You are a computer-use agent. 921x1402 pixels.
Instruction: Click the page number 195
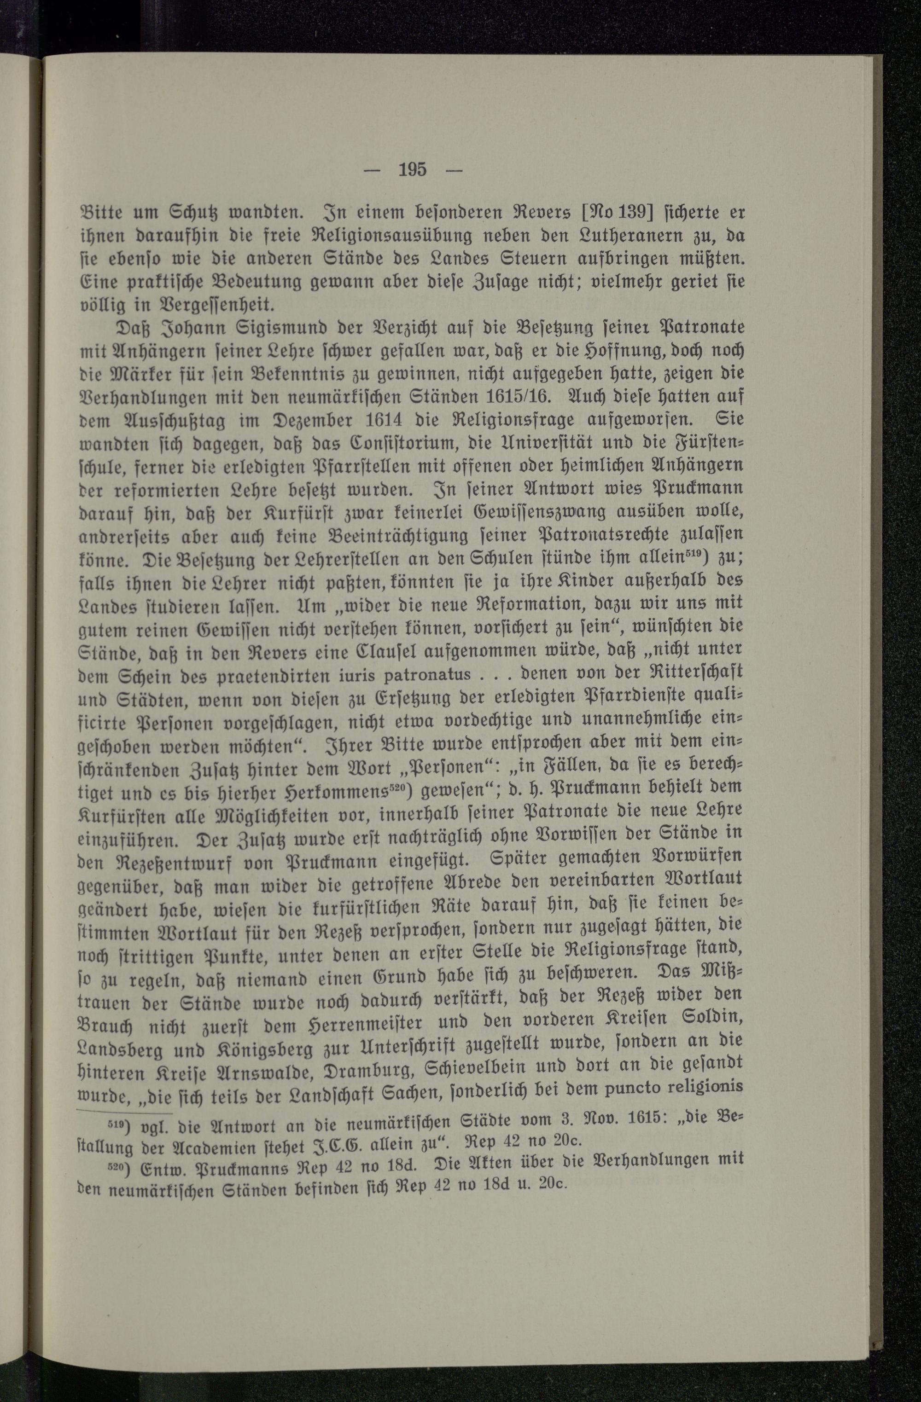[412, 170]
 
